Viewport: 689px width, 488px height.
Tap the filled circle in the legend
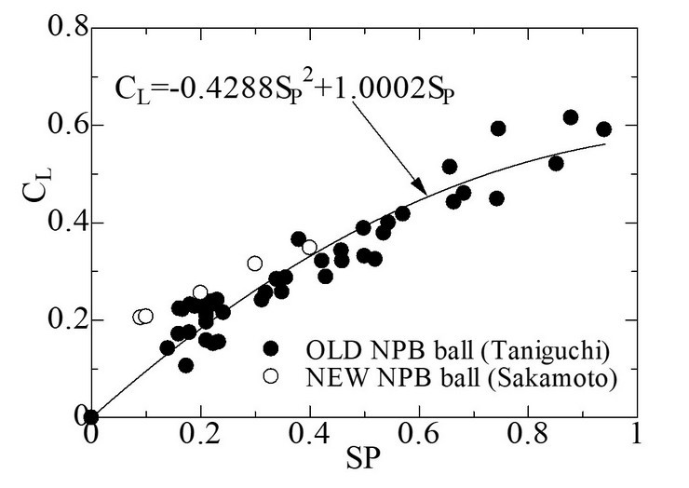click(x=271, y=348)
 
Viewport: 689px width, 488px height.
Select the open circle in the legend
click(x=271, y=376)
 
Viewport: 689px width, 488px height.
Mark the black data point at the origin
click(x=91, y=417)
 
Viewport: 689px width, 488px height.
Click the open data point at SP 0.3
click(x=255, y=264)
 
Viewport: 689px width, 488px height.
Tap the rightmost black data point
click(x=603, y=129)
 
